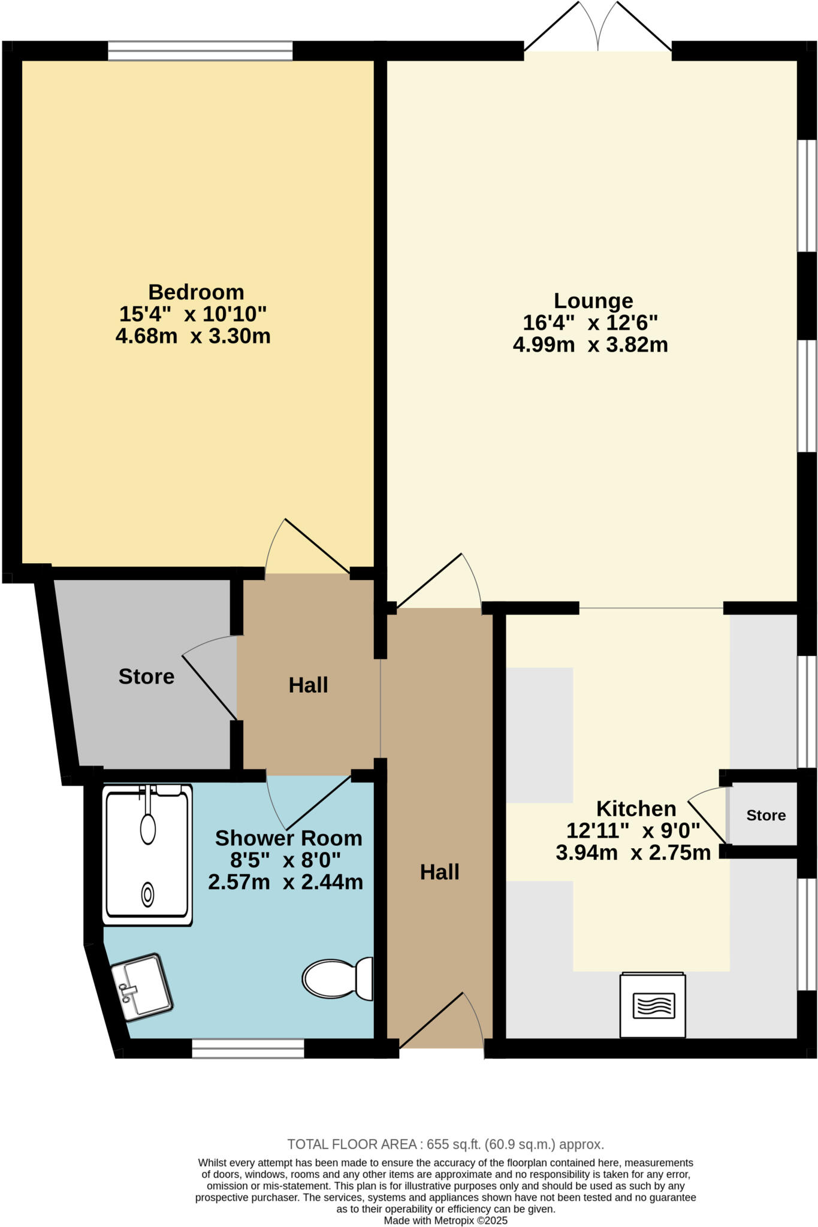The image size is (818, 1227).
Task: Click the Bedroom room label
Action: click(196, 292)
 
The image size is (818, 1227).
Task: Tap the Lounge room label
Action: click(593, 301)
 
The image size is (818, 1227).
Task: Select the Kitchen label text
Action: click(636, 809)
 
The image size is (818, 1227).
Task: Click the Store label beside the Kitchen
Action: click(766, 815)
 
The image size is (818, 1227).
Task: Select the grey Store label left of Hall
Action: click(146, 676)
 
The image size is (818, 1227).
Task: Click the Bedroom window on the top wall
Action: click(200, 51)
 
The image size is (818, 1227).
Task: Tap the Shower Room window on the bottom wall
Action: click(248, 1048)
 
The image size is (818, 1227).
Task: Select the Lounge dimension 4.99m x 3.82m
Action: click(590, 345)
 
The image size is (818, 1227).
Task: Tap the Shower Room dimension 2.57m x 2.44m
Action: click(286, 882)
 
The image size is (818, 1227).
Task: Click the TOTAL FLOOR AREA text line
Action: click(445, 1144)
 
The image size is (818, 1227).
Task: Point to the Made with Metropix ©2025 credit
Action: click(446, 1220)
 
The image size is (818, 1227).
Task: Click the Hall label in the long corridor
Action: click(439, 872)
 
